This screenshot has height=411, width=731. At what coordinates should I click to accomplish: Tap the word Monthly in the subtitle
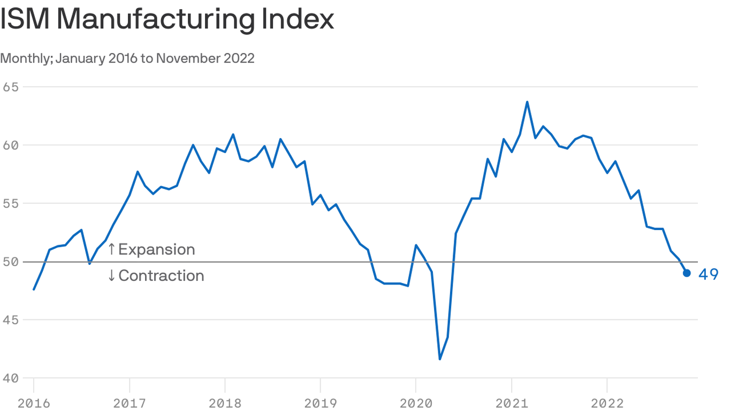(x=25, y=58)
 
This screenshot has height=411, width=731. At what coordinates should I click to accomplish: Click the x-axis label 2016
(x=34, y=403)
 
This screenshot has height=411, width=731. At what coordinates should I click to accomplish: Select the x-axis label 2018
(x=225, y=403)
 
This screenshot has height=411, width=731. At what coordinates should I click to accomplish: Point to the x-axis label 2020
(x=416, y=403)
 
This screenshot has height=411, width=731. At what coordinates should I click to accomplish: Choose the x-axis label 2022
(x=607, y=403)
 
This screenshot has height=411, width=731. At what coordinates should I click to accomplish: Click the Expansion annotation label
(x=156, y=249)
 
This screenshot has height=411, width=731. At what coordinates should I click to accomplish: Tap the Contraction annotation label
(x=161, y=276)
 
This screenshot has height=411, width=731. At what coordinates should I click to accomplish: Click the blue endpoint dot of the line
(x=687, y=273)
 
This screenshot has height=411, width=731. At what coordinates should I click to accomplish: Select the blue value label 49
(x=708, y=275)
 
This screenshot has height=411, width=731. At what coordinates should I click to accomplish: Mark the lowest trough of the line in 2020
(x=440, y=359)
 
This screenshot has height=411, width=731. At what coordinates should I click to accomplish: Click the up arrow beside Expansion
(x=111, y=249)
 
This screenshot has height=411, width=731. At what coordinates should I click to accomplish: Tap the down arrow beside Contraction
(x=111, y=276)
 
